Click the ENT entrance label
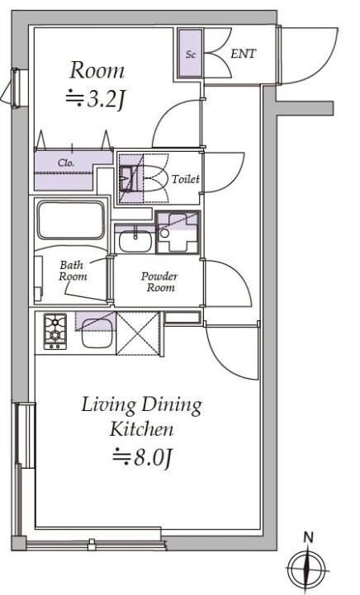[243, 54]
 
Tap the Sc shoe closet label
[191, 54]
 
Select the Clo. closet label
[66, 163]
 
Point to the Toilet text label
[186, 179]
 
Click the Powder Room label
[159, 281]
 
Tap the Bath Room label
[73, 270]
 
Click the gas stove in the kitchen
[55, 331]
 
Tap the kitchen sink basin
[97, 333]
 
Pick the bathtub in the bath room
[71, 220]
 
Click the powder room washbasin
[135, 241]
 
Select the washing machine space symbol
[178, 233]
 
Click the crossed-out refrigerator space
[137, 333]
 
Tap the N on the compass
[308, 537]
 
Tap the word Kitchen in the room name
[141, 430]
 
